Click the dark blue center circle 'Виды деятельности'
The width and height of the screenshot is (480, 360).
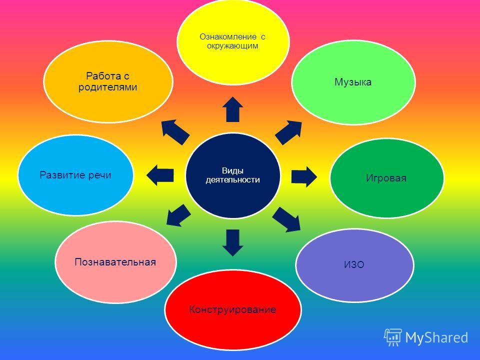click(233, 175)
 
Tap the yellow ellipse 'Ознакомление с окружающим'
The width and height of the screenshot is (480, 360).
click(233, 42)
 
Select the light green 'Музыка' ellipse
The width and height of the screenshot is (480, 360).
click(353, 82)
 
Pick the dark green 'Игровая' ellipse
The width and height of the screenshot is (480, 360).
click(386, 178)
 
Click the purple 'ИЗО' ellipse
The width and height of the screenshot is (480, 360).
click(354, 265)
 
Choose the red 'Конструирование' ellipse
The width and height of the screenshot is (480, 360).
click(232, 309)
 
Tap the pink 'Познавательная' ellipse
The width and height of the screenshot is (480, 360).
click(115, 262)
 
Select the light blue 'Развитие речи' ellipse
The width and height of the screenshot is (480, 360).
click(75, 175)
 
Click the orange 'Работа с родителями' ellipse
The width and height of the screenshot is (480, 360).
click(108, 81)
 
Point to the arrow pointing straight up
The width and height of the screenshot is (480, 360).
click(232, 109)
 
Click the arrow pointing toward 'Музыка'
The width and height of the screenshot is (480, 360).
click(288, 132)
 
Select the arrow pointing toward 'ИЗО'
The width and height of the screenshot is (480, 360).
click(286, 219)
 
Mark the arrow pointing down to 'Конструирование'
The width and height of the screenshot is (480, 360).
click(232, 243)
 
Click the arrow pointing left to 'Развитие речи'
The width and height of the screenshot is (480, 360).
click(160, 175)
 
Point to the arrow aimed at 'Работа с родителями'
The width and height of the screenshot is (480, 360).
click(175, 132)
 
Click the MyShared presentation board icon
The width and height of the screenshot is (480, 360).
click(393, 337)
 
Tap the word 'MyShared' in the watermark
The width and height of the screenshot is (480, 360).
click(436, 337)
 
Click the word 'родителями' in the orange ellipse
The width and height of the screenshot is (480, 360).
click(108, 87)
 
